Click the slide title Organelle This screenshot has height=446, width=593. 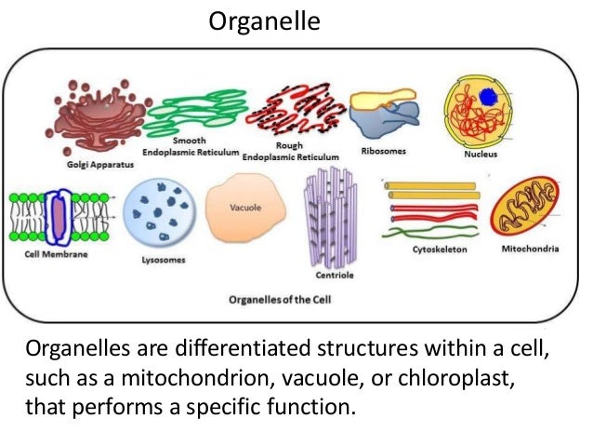point(264,21)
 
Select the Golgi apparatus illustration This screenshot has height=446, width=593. point(98,116)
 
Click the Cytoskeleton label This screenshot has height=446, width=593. point(440,250)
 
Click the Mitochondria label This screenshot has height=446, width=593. point(530,250)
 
